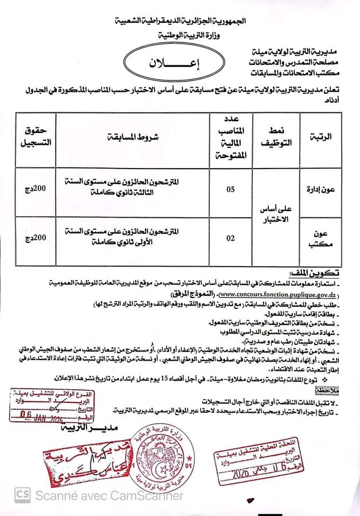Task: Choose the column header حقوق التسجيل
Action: pos(36,138)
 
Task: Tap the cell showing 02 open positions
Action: pos(230,236)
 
